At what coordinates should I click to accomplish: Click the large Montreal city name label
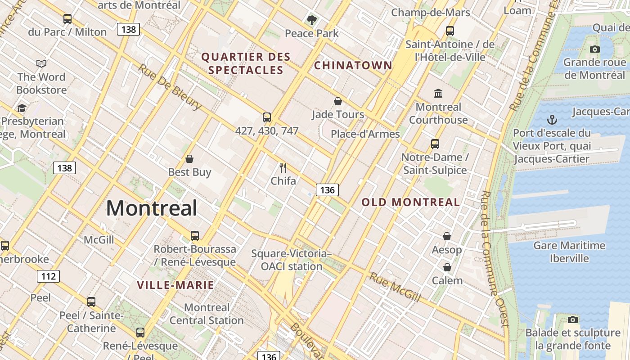tap(152, 208)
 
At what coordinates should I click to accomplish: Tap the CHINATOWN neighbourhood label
tap(353, 66)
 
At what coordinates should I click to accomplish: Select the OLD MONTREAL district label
tap(411, 202)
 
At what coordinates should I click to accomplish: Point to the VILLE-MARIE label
tap(175, 285)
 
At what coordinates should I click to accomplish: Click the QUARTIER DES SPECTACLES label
tap(246, 63)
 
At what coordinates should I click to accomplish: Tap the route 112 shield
tap(48, 276)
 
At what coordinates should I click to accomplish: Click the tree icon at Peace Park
tap(311, 20)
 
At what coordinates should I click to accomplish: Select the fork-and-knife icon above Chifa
tap(283, 168)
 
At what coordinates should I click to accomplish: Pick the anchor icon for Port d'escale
tap(552, 120)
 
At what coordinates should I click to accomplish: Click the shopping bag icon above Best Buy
tap(189, 159)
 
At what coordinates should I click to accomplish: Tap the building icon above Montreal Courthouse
tap(438, 94)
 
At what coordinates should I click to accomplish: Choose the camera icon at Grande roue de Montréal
tap(594, 49)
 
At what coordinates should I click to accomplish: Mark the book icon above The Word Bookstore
tap(41, 64)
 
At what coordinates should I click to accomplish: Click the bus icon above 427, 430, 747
tap(267, 117)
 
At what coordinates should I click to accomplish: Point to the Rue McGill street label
tap(395, 287)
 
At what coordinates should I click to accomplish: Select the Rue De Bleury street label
tap(169, 87)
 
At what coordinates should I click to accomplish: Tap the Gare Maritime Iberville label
tap(569, 252)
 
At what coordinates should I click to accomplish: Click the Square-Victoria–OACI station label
tap(292, 260)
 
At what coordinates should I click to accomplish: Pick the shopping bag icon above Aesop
tap(447, 236)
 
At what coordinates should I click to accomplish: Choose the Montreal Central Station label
tap(207, 314)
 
